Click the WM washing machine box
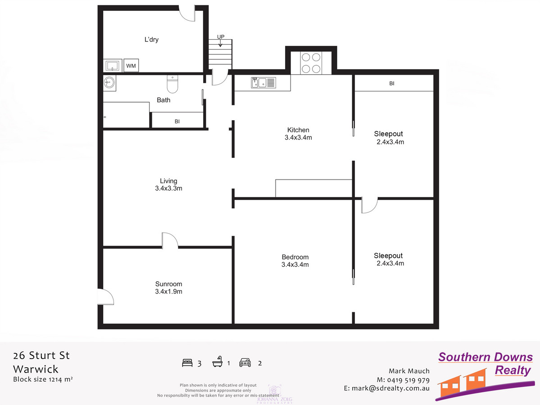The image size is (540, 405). (x=131, y=66)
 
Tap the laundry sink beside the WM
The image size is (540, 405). (x=112, y=66)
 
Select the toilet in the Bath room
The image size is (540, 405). (x=172, y=83)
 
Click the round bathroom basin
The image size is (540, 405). (x=109, y=82)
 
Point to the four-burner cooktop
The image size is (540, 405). (x=311, y=63)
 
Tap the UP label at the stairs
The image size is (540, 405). (x=221, y=37)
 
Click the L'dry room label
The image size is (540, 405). (x=151, y=40)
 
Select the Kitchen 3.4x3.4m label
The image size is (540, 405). (x=298, y=134)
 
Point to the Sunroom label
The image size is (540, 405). (x=168, y=288)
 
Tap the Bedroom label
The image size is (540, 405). (x=295, y=261)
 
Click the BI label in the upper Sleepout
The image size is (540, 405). (x=391, y=84)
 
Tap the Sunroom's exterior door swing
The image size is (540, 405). (x=105, y=297)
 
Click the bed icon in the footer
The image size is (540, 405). (x=187, y=363)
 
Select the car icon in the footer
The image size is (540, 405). (x=245, y=363)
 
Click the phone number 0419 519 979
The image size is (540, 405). (x=405, y=380)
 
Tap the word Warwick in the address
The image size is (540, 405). (x=36, y=369)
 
